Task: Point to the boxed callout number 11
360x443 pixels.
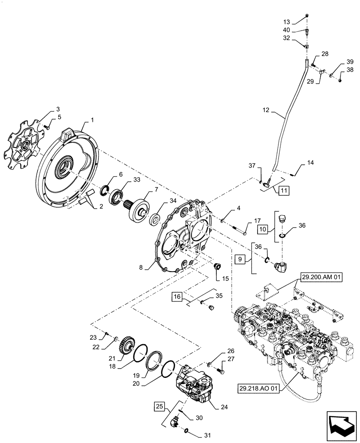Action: tap(284, 191)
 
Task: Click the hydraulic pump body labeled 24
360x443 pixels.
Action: tap(195, 385)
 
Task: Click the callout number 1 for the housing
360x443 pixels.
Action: tap(92, 120)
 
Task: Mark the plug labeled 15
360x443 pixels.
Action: tap(218, 267)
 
